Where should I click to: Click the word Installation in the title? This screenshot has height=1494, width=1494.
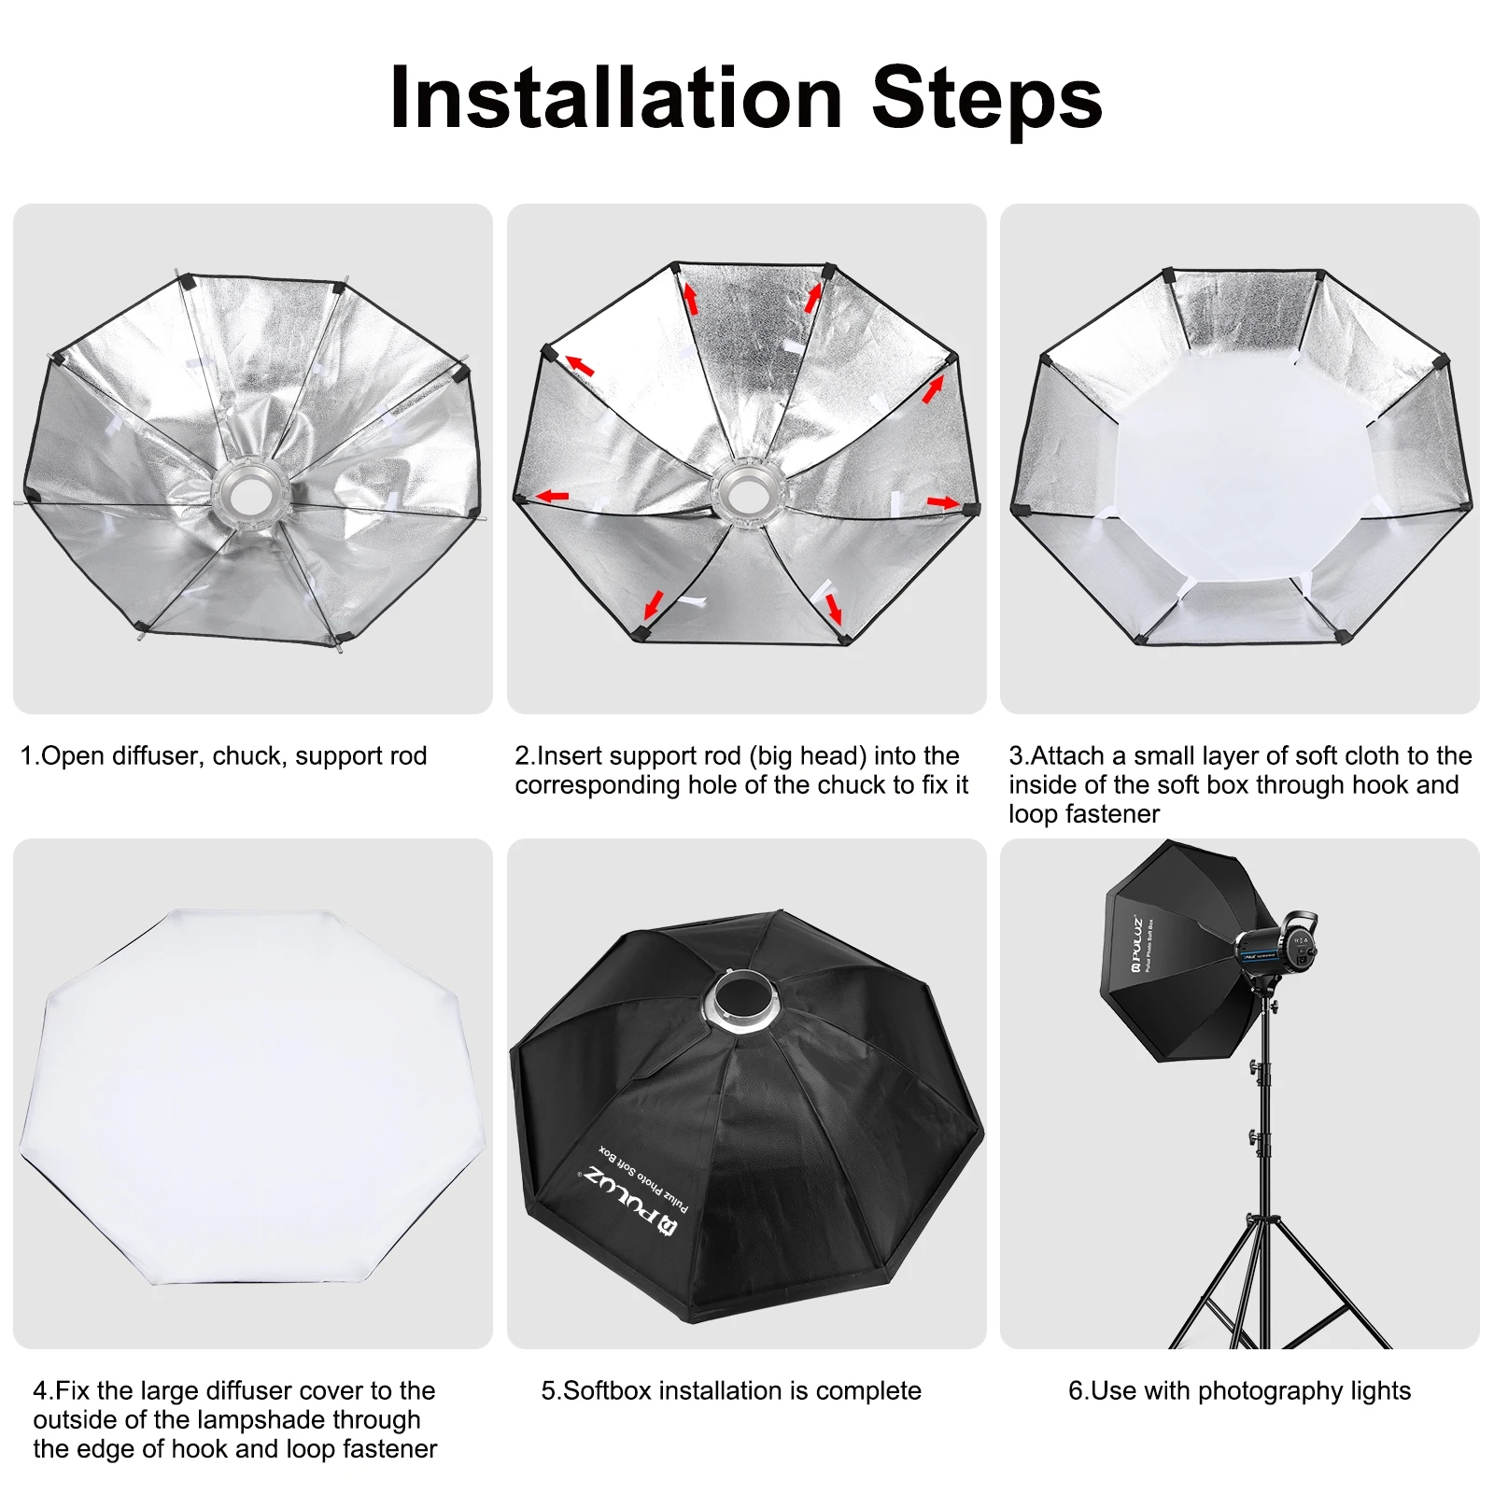(616, 97)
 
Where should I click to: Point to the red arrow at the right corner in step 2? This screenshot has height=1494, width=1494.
(943, 502)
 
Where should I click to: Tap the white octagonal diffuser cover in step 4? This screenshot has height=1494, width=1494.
(252, 1096)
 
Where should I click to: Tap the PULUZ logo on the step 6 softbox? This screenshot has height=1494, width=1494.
(1136, 944)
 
